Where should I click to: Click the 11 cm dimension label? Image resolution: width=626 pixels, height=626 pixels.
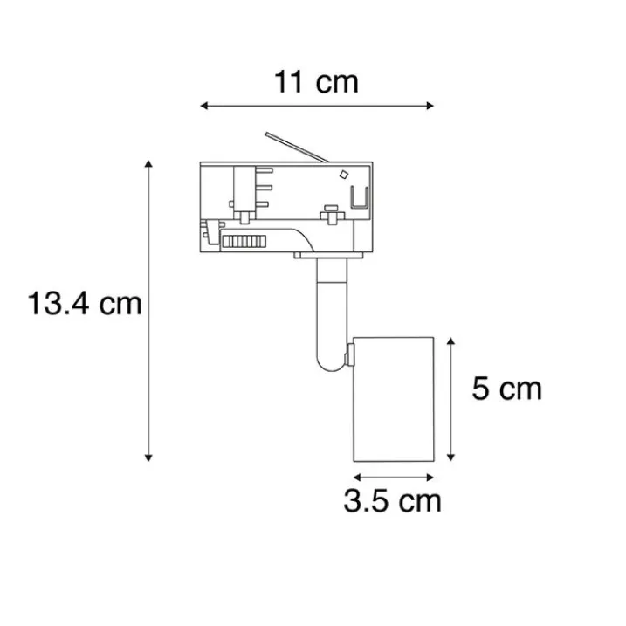(x=316, y=82)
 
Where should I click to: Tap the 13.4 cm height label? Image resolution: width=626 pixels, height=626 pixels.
(x=84, y=305)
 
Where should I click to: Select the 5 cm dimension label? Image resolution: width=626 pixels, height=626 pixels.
(x=506, y=389)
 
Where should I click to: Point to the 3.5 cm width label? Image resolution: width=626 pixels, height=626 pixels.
(x=392, y=501)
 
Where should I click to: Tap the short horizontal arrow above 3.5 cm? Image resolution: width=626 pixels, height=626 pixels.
(x=392, y=477)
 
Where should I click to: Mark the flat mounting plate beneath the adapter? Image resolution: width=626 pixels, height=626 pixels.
(x=332, y=257)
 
